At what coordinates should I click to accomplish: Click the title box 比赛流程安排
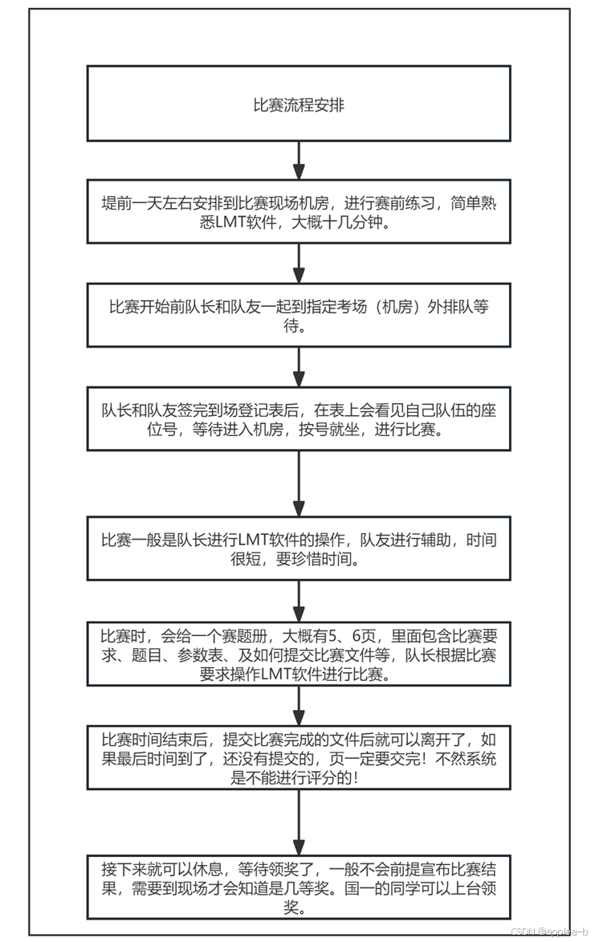pyautogui.click(x=299, y=104)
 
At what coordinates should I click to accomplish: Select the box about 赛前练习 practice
pyautogui.click(x=299, y=212)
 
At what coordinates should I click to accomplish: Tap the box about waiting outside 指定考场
pyautogui.click(x=299, y=316)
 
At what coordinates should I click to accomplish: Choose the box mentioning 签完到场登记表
pyautogui.click(x=299, y=418)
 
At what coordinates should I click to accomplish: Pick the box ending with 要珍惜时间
pyautogui.click(x=299, y=549)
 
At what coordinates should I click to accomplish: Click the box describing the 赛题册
pyautogui.click(x=299, y=653)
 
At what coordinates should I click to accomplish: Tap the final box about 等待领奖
pyautogui.click(x=299, y=887)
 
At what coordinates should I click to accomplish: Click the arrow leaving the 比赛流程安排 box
pyautogui.click(x=299, y=161)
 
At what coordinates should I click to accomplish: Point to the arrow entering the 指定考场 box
pyautogui.click(x=299, y=264)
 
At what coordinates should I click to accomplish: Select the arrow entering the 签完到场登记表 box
pyautogui.click(x=299, y=368)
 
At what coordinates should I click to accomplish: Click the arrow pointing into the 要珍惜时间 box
pyautogui.click(x=299, y=483)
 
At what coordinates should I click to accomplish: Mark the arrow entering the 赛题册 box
pyautogui.click(x=299, y=600)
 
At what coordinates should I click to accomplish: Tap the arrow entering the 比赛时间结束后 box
pyautogui.click(x=299, y=705)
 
